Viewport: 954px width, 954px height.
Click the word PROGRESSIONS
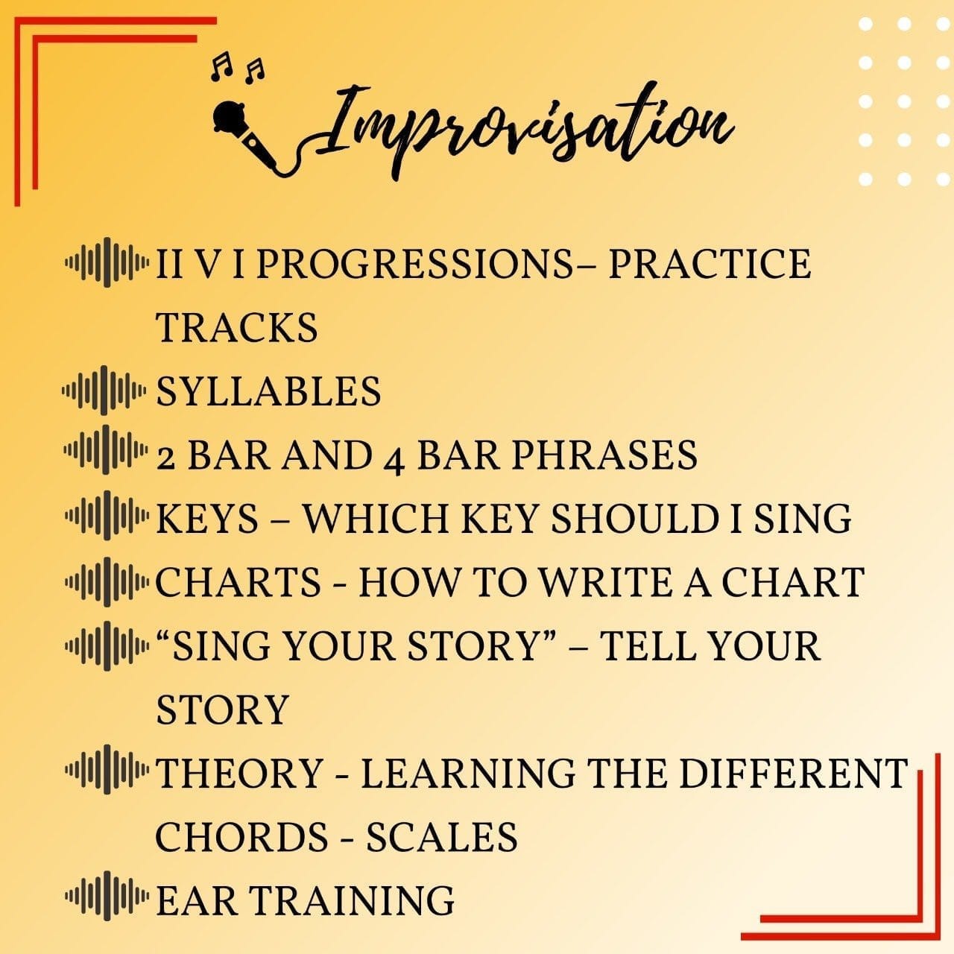tap(414, 263)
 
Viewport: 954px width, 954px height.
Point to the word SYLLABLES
tap(269, 391)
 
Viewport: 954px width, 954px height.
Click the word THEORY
tap(239, 773)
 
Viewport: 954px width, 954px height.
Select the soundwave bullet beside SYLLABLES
tap(104, 391)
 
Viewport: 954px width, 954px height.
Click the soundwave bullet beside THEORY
tap(107, 769)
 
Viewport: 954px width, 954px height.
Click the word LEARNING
tap(468, 773)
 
